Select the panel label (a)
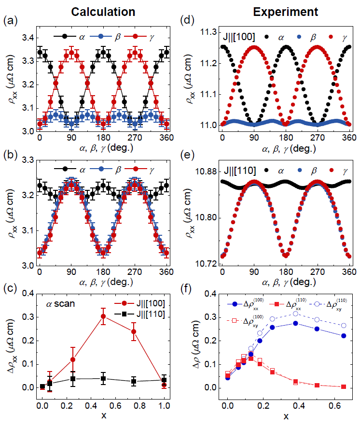tap(9, 21)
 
